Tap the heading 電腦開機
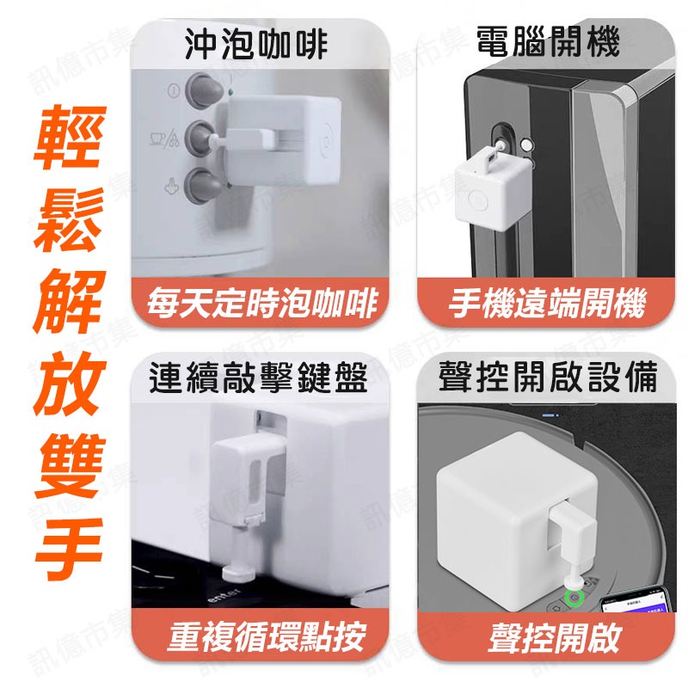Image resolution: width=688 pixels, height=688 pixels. point(548,41)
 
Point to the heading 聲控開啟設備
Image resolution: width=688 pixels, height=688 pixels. point(548,378)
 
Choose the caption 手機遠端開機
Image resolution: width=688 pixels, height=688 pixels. point(548,304)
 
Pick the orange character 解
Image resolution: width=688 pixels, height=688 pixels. point(70,302)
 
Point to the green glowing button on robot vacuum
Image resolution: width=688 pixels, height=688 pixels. point(570,595)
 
